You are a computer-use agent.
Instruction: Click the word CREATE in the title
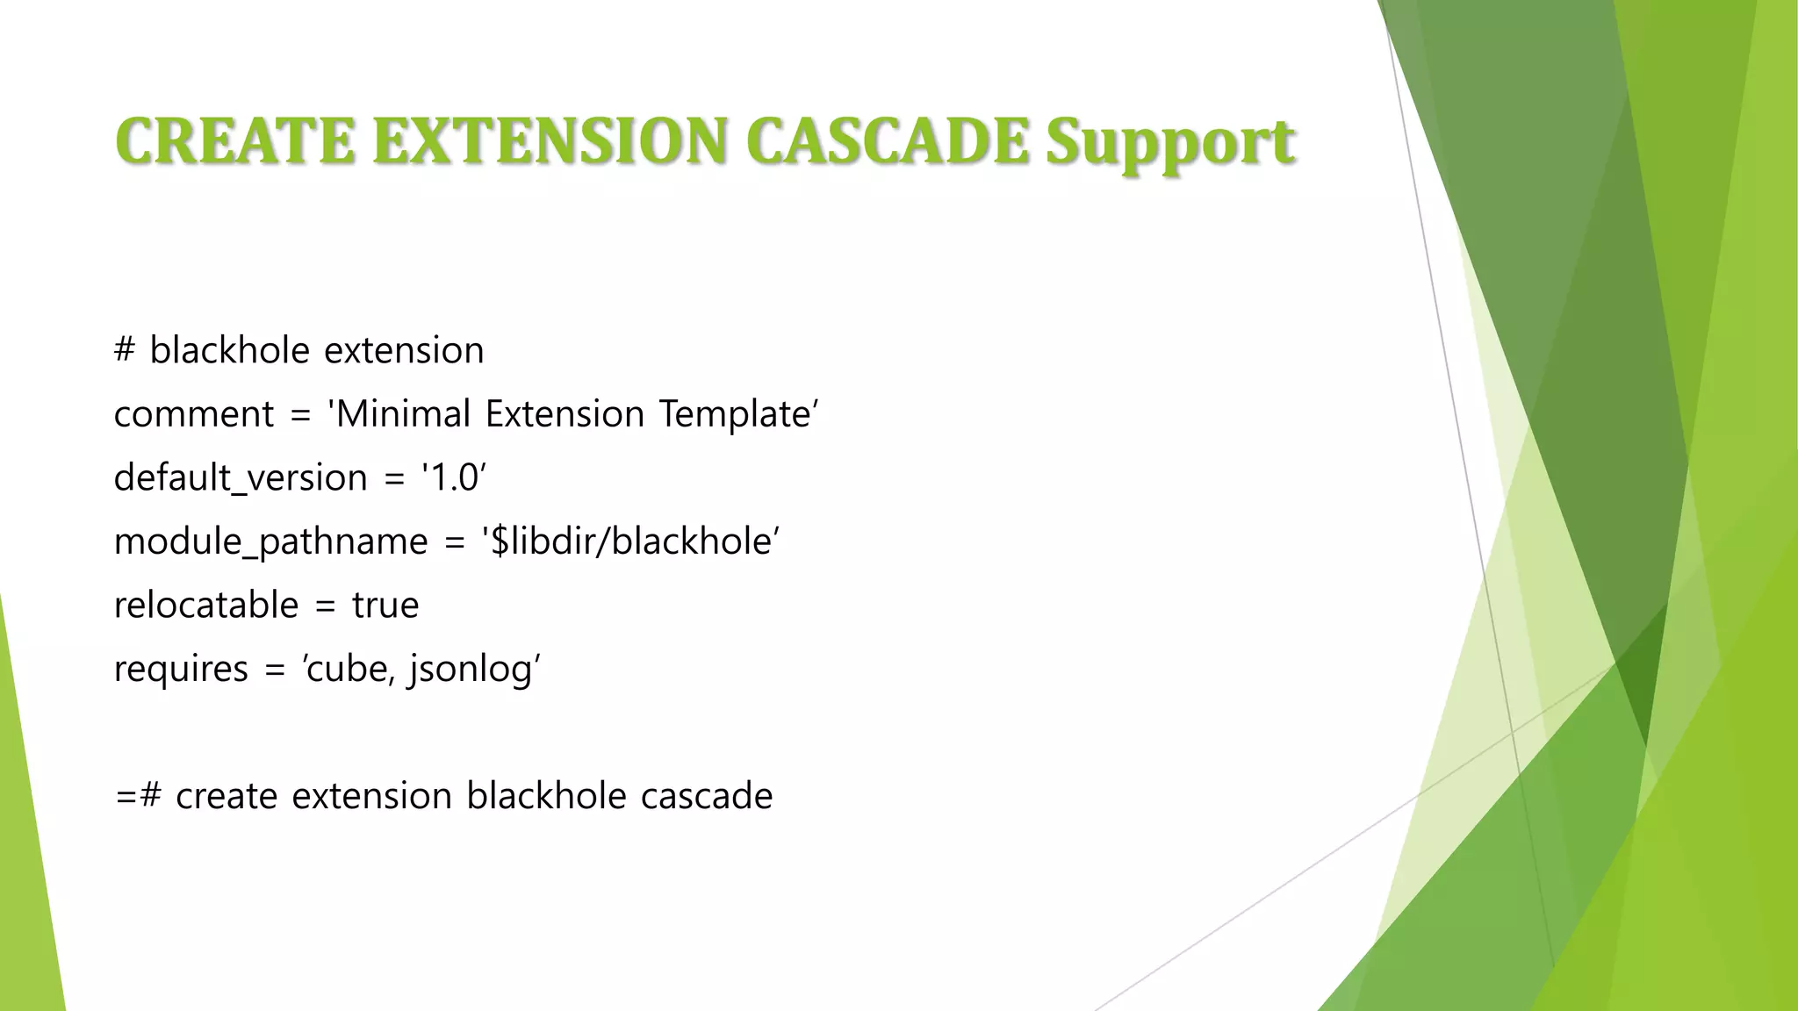234,141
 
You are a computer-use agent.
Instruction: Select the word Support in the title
1169,143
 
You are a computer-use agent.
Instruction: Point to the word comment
194,414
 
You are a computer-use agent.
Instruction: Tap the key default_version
241,478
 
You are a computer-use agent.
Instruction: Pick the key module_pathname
270,541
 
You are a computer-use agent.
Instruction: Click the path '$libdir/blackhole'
630,541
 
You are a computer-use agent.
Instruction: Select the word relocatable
206,606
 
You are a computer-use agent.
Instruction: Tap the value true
385,606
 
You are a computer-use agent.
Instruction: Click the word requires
181,670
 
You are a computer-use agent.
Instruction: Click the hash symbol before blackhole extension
125,350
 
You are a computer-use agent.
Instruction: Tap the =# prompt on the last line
138,796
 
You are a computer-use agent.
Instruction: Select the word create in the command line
227,796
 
